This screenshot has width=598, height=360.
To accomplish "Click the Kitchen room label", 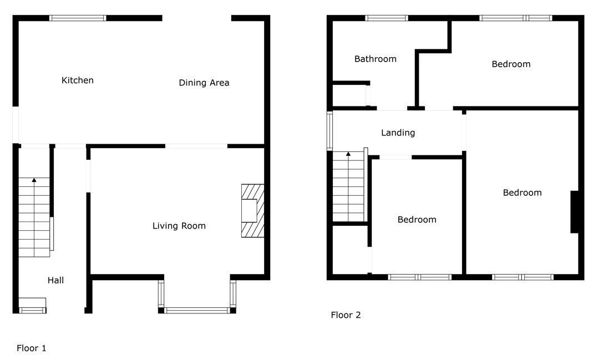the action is [x=78, y=80].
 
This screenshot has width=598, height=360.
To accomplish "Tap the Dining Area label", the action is [x=204, y=83].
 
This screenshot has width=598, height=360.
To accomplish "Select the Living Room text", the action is [x=179, y=226].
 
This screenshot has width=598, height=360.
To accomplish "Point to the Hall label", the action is [x=55, y=280].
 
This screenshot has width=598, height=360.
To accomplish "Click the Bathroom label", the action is [x=375, y=59].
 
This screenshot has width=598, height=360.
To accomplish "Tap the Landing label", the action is [x=398, y=133].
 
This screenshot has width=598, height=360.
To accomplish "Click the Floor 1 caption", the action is [x=31, y=348].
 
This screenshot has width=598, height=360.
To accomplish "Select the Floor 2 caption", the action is [x=346, y=315].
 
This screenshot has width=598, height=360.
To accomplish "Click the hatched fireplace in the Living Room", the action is [x=252, y=211].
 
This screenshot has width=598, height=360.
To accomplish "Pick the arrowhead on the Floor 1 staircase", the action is [x=34, y=180].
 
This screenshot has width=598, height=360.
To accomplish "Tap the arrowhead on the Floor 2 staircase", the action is [x=348, y=154].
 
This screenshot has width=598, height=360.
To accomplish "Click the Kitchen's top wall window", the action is [x=78, y=18].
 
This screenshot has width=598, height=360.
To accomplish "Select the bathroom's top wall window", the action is [x=386, y=18].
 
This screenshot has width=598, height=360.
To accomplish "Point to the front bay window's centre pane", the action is [x=197, y=311].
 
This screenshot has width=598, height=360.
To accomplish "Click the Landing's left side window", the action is [x=330, y=131].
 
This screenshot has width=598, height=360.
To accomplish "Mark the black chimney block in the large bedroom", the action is [x=574, y=212].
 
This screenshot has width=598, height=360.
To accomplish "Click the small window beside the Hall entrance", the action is [x=32, y=311].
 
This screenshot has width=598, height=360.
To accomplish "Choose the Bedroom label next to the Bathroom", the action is [x=511, y=64].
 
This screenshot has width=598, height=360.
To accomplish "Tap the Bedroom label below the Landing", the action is [x=417, y=220].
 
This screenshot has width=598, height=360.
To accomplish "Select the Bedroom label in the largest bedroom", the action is [x=522, y=192].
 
